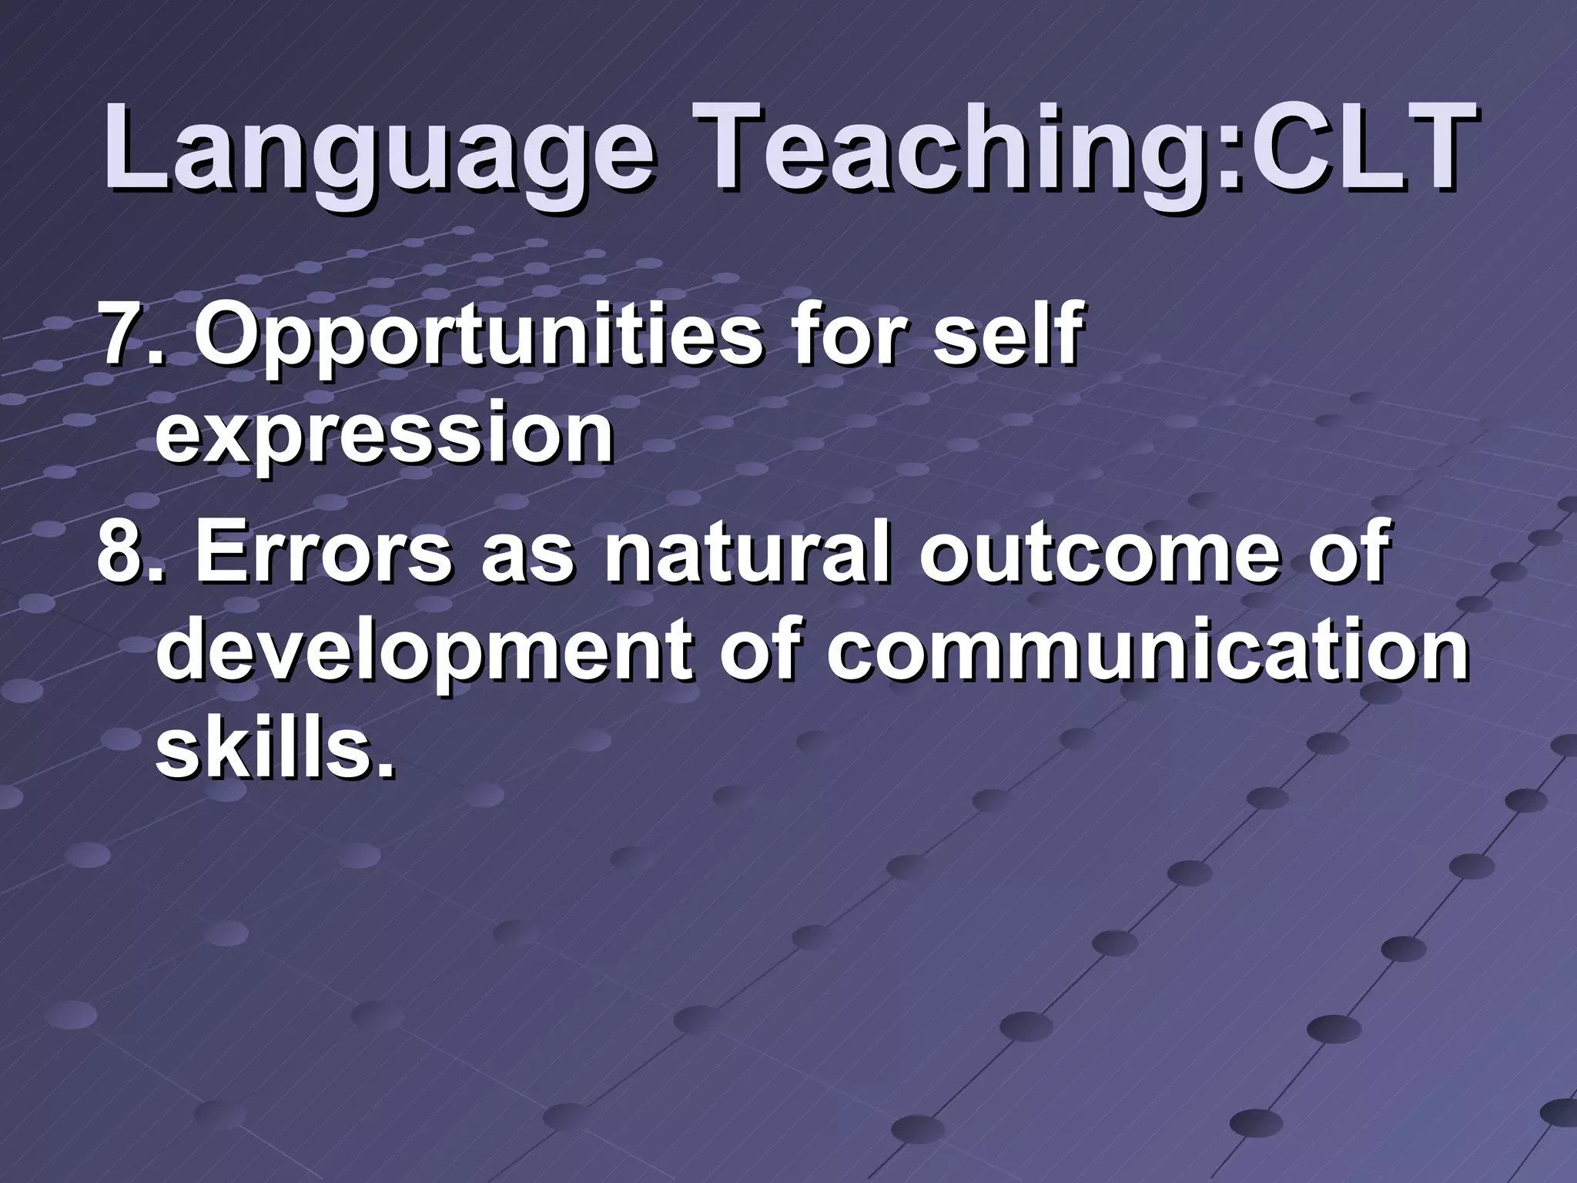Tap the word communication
[x=1147, y=651]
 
